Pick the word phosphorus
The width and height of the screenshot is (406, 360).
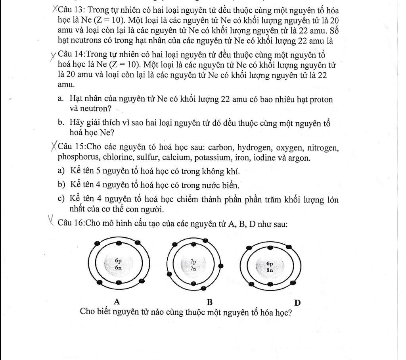tap(77, 158)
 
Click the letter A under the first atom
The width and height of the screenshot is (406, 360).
tap(117, 302)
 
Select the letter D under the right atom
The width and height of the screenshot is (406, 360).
tap(297, 302)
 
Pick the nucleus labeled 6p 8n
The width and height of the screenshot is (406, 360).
tap(270, 266)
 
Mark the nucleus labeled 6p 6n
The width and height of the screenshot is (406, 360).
tap(118, 264)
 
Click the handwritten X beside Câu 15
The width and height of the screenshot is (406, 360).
tap(54, 147)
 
